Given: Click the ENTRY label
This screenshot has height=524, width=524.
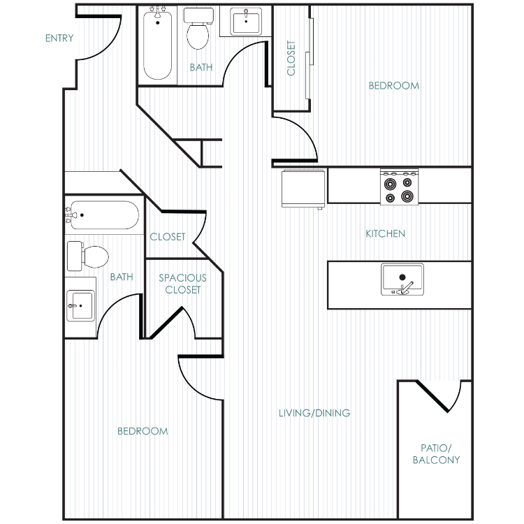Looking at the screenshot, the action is [x=59, y=38].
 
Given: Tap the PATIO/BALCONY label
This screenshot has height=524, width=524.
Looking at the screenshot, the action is [x=436, y=454].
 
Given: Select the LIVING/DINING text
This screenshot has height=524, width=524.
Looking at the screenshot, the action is [x=314, y=413].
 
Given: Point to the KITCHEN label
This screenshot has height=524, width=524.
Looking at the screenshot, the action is [x=385, y=233].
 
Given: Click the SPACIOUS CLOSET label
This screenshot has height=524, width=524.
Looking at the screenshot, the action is [x=182, y=284].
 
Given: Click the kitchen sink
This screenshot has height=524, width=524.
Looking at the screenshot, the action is [x=402, y=279].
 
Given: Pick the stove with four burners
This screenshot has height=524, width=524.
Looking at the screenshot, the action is [x=400, y=187].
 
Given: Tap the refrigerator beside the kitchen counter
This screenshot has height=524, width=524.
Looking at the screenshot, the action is [x=303, y=189].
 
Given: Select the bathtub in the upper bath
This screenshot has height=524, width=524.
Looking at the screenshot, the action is [x=158, y=43].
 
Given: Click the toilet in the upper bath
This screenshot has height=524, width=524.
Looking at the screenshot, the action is [x=198, y=29].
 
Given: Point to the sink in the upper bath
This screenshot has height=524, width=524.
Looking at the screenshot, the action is [x=246, y=22].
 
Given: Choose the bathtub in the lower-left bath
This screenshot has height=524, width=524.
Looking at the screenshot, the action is [x=102, y=215].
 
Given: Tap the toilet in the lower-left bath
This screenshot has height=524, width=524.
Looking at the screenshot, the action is [x=88, y=256].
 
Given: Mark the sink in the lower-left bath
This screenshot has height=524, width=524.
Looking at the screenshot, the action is [x=80, y=306].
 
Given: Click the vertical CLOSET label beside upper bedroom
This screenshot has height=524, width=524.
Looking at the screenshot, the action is [x=291, y=58].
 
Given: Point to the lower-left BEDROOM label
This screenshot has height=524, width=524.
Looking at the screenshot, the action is [x=143, y=431].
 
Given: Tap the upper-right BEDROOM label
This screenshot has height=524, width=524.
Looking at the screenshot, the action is [x=394, y=86].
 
